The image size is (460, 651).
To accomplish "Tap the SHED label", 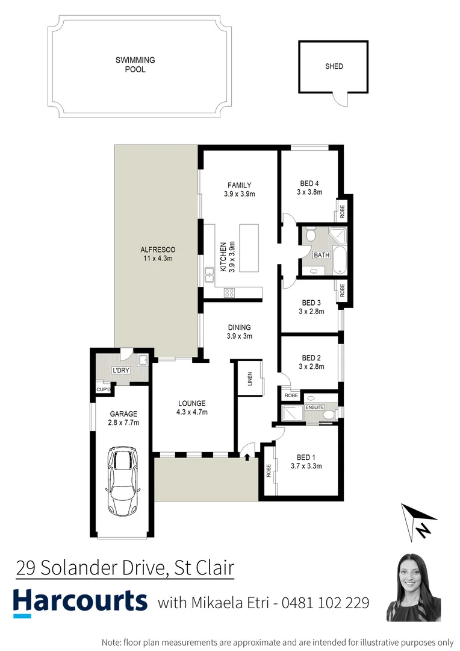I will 334,66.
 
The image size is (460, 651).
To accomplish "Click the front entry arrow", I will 247,456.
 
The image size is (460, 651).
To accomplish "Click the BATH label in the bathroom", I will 322,255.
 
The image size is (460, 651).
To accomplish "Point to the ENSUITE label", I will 314,407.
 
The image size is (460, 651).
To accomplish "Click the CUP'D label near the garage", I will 104,390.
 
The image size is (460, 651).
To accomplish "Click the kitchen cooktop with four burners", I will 229,293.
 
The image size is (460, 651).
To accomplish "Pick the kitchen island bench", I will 249,247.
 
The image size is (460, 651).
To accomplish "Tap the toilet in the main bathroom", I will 310,235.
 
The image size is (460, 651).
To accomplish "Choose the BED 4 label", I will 309,184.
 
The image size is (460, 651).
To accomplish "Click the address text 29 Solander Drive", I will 91,568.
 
